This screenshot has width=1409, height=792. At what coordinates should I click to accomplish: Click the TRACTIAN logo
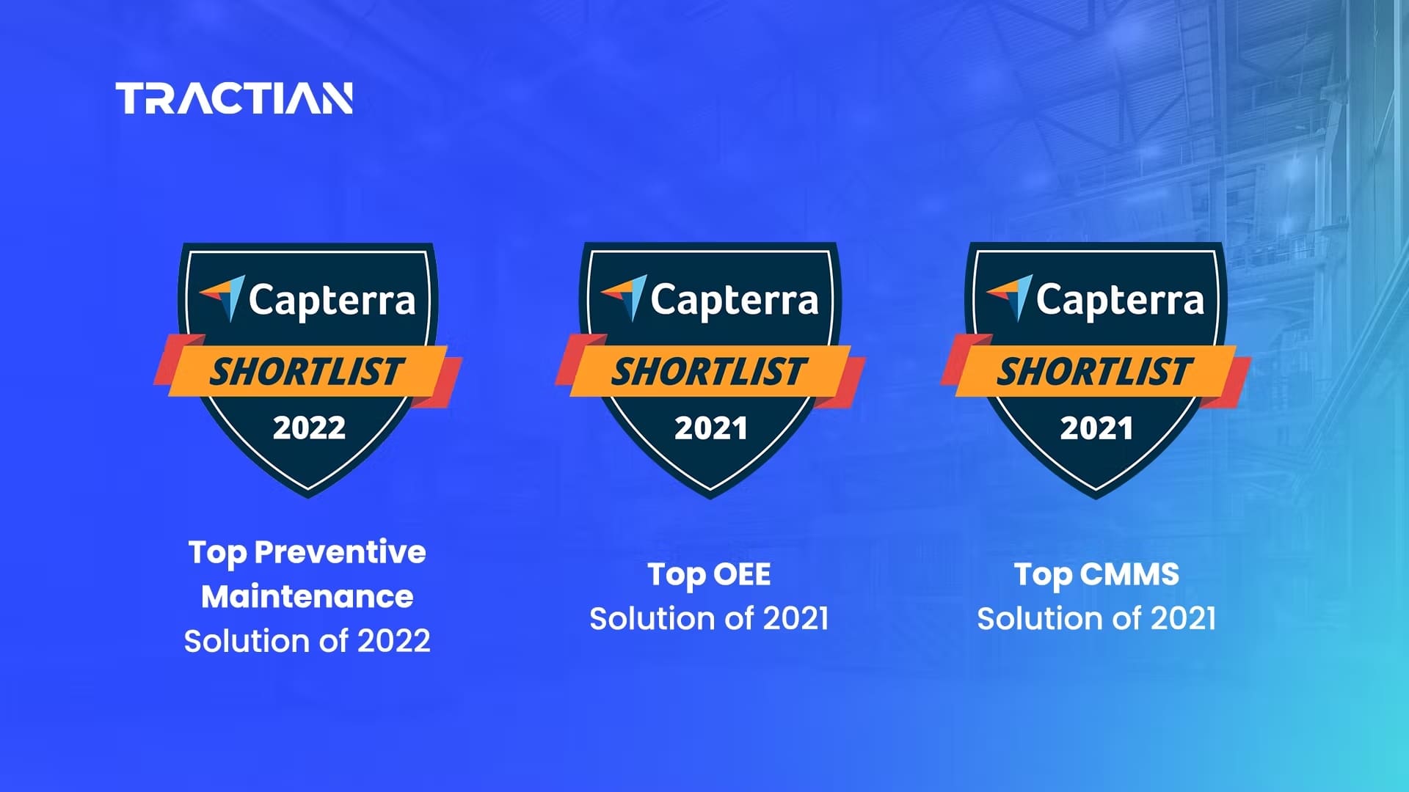(234, 98)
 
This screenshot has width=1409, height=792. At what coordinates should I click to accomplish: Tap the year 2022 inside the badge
(309, 428)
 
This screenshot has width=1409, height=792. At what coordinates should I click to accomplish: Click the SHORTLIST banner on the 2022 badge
(307, 372)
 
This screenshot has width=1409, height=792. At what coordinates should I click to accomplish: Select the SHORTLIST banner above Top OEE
(710, 372)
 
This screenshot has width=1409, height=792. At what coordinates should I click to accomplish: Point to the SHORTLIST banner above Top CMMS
(1095, 372)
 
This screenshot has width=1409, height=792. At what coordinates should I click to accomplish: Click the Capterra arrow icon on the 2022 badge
(223, 297)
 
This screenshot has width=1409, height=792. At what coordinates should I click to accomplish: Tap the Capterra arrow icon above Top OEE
(625, 297)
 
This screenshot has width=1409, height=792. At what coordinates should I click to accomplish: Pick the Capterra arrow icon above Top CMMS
(1010, 297)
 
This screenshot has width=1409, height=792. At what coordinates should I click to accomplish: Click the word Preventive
(340, 552)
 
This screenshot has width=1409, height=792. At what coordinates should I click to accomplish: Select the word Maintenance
(307, 597)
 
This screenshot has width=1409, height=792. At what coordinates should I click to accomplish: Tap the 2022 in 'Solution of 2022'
(393, 642)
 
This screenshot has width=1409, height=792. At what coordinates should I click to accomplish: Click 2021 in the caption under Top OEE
(795, 619)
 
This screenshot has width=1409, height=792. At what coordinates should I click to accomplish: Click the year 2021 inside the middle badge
(710, 428)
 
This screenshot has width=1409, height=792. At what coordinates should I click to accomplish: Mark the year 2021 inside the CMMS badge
(1096, 428)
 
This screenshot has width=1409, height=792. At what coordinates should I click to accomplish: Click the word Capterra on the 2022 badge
(332, 301)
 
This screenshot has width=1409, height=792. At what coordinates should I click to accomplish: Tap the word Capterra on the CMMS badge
(1120, 301)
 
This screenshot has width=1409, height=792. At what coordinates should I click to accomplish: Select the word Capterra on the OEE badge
(734, 301)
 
